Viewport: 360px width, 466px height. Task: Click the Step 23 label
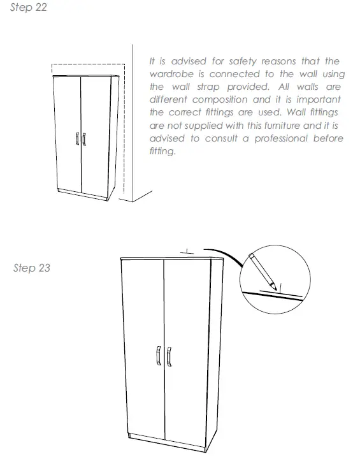coord(31,268)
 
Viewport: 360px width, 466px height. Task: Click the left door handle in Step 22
coord(76,140)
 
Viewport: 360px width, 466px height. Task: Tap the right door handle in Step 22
coord(84,140)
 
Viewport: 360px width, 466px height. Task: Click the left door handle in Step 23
coord(157,356)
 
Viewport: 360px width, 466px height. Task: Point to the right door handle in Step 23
coord(169,356)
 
